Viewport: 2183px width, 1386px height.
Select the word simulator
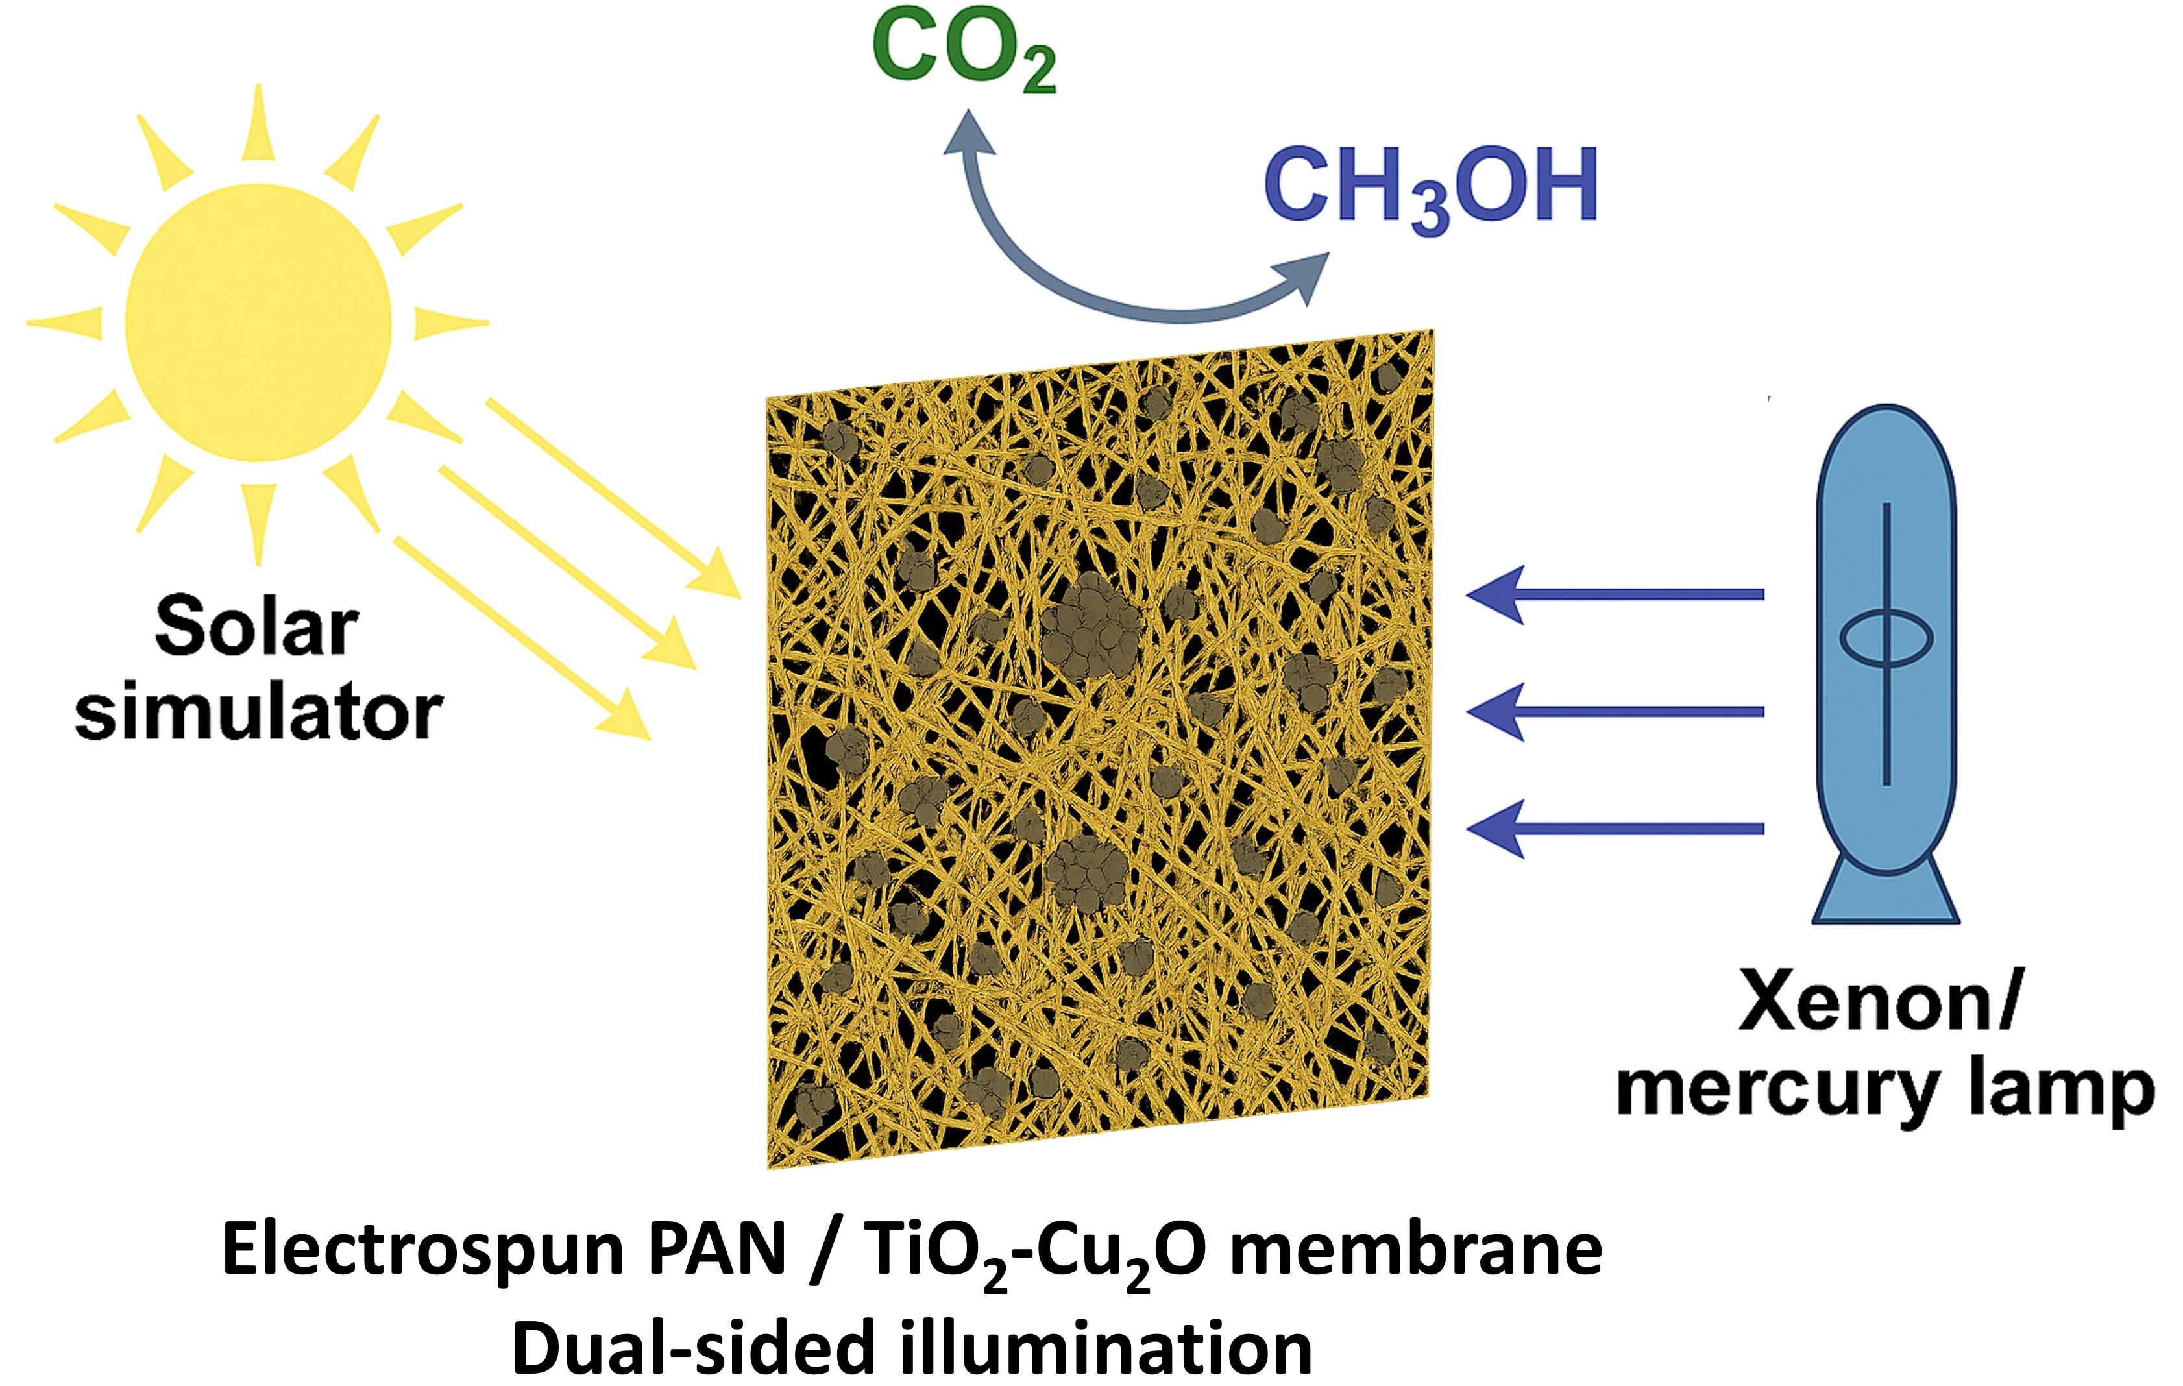click(x=258, y=712)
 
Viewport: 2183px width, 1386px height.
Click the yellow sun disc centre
click(x=258, y=322)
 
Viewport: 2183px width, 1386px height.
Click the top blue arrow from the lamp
click(x=1614, y=594)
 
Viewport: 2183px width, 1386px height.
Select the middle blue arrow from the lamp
click(x=1614, y=712)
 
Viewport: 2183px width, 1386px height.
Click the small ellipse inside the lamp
click(x=1886, y=637)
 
